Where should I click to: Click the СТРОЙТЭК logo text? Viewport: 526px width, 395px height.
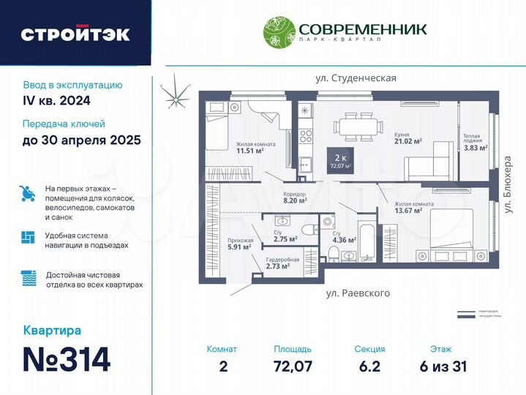point(75,34)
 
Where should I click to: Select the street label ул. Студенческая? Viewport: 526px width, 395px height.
point(356,78)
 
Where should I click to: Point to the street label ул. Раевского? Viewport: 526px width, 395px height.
point(358,293)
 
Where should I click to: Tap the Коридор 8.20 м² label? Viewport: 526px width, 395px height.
point(295,196)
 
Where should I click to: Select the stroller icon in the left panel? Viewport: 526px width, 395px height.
point(26,193)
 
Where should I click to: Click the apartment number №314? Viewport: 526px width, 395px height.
point(67,359)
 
